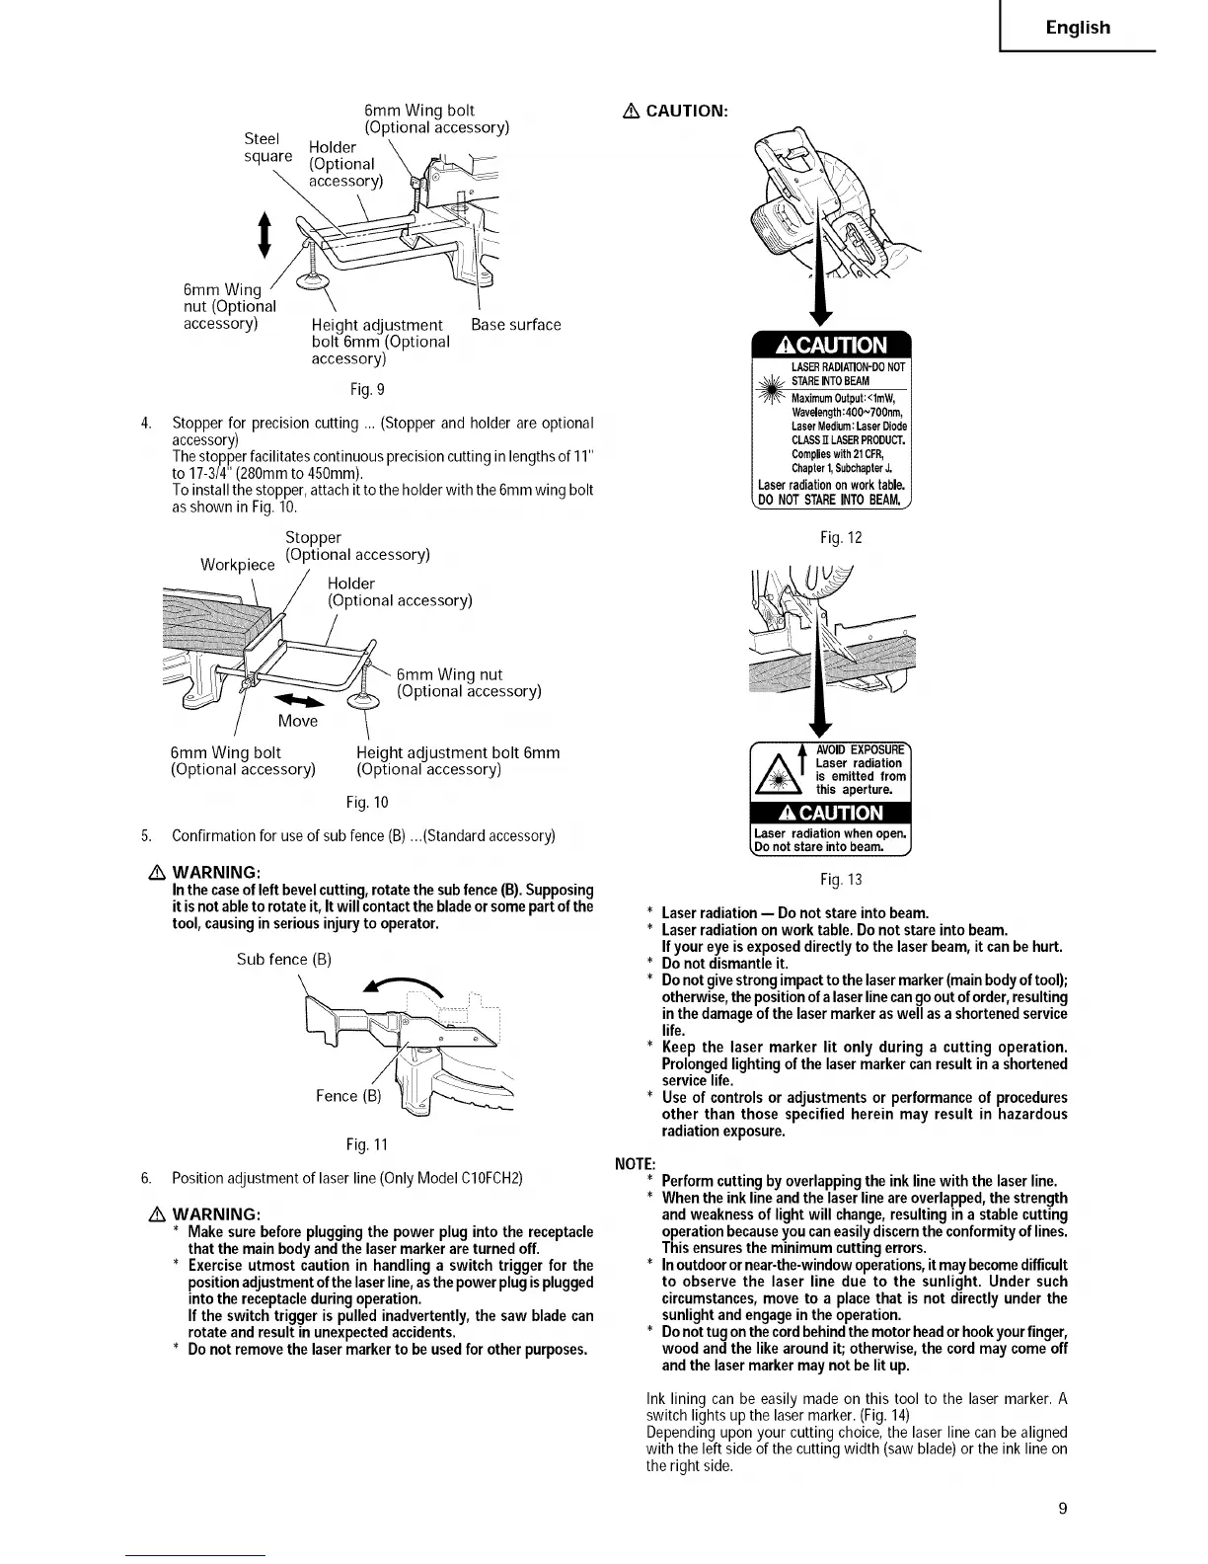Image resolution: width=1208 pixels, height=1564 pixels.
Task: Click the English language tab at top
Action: click(x=1078, y=28)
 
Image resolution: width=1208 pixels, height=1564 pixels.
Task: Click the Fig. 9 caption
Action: click(x=353, y=390)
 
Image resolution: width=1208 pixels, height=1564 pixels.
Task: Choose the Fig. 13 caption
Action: click(x=841, y=880)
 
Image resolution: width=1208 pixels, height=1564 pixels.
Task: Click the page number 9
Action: click(x=1062, y=1508)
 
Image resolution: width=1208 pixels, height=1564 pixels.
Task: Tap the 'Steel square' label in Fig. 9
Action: click(x=268, y=147)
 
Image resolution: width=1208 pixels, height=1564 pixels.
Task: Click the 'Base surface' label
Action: click(x=515, y=325)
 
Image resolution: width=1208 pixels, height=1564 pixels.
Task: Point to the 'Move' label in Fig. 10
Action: click(x=297, y=721)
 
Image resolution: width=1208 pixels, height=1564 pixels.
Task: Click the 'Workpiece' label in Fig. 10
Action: click(x=237, y=565)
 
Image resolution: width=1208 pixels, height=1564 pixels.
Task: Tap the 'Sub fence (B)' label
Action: click(x=284, y=960)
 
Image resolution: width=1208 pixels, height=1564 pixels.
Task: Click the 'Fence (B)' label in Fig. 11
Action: click(x=348, y=1096)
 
